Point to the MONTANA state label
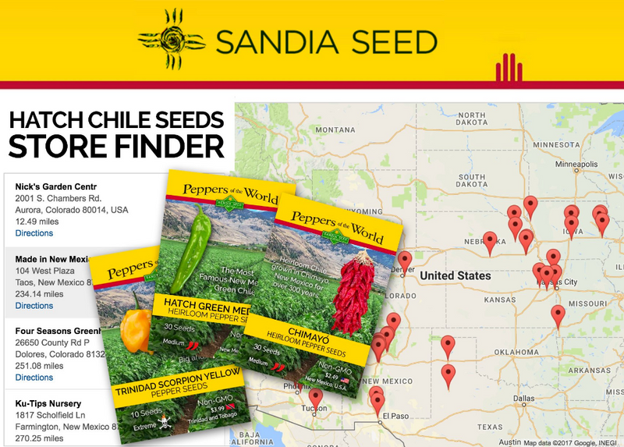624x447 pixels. pyautogui.click(x=335, y=130)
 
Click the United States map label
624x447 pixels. pyautogui.click(x=456, y=276)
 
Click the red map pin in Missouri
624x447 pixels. pyautogui.click(x=558, y=314)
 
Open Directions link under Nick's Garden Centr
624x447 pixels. pyautogui.click(x=34, y=233)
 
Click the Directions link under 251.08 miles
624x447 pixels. pyautogui.click(x=34, y=378)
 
